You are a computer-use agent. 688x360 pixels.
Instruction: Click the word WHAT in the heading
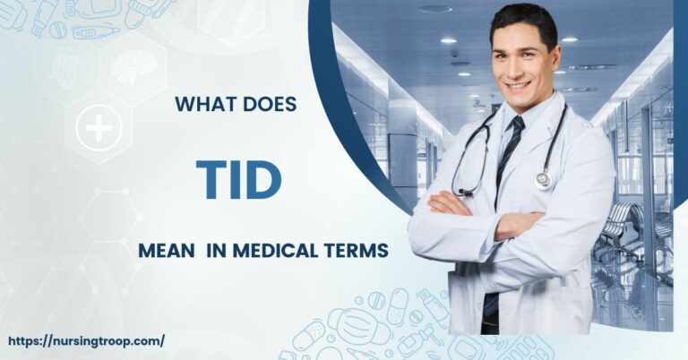click(202, 106)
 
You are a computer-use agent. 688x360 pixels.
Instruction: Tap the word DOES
click(268, 106)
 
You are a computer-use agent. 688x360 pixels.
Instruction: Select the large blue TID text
click(238, 180)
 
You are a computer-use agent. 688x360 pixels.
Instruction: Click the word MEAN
click(168, 252)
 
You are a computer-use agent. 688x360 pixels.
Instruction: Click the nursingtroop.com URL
click(86, 341)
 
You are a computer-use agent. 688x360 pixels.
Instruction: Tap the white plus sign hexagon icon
click(99, 129)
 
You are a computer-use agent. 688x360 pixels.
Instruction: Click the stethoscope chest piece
click(543, 180)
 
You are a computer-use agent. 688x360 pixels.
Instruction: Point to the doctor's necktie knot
click(518, 125)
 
